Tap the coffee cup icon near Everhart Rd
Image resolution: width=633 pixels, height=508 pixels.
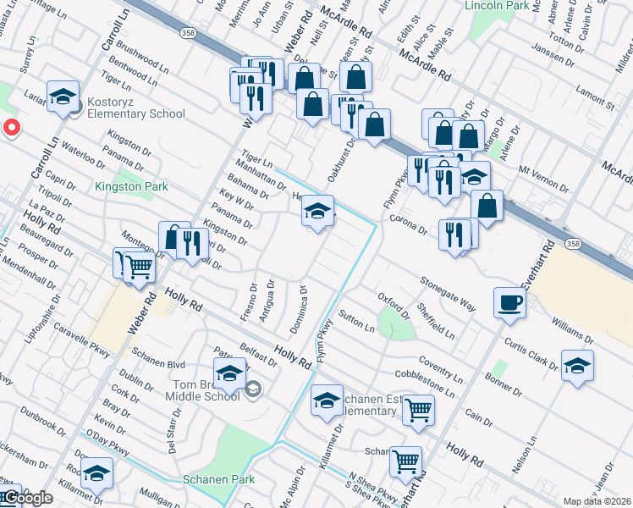tap(510, 302)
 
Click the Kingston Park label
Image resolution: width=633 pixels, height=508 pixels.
tap(131, 186)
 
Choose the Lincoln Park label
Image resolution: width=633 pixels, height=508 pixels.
tap(497, 6)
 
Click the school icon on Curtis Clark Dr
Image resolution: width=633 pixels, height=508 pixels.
tap(577, 365)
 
